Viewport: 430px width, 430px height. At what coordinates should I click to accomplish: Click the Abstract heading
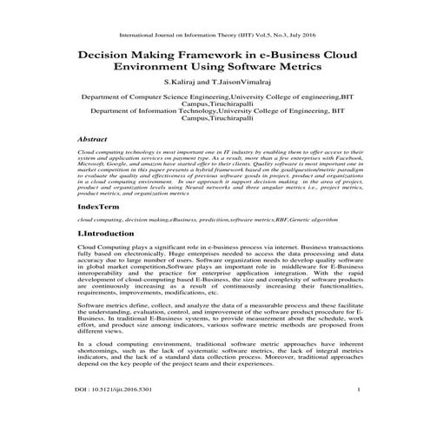click(92, 138)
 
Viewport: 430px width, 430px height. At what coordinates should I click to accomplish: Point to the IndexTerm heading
click(99, 208)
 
